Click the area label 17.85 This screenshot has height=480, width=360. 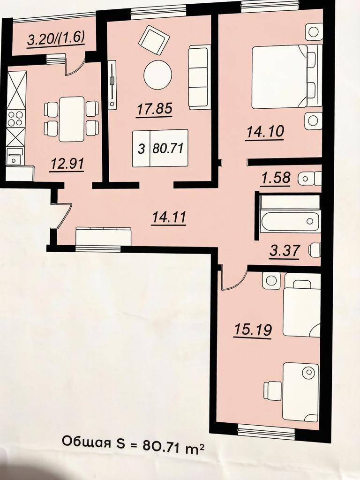(x=155, y=109)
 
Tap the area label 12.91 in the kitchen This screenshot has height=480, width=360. (x=67, y=164)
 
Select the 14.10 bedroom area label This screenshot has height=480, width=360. (x=265, y=132)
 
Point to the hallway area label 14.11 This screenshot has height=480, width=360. (x=169, y=217)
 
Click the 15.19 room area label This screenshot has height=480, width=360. (x=253, y=330)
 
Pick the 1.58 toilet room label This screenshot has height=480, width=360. (x=276, y=178)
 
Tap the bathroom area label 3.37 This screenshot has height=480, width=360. (x=285, y=251)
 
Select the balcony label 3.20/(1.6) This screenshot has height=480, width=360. (x=56, y=39)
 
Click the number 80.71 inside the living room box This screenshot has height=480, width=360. (x=168, y=149)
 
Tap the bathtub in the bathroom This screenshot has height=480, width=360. (x=290, y=220)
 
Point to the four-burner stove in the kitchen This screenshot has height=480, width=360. (x=15, y=119)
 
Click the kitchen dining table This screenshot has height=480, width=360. (x=72, y=119)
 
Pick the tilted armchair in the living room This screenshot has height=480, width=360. (x=154, y=40)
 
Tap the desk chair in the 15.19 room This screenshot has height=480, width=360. (x=272, y=391)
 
